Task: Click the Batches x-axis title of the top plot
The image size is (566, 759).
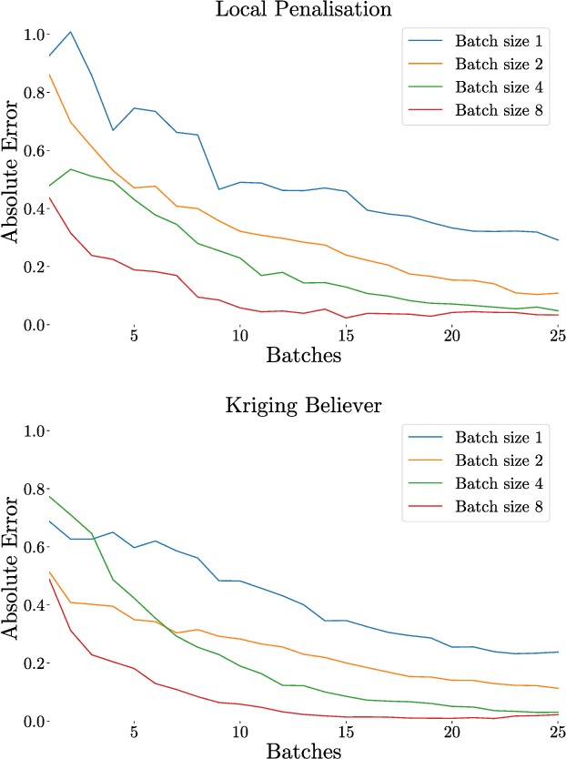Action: tap(304, 355)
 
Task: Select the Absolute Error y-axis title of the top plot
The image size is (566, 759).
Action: tap(11, 179)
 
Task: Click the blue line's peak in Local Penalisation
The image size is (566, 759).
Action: tap(70, 32)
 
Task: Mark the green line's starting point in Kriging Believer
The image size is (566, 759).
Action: tap(49, 496)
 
